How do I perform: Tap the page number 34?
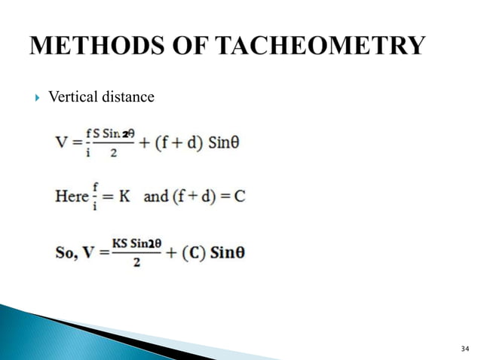click(464, 347)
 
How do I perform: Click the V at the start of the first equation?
click(63, 142)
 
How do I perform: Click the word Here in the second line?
click(72, 196)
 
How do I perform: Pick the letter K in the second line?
click(125, 197)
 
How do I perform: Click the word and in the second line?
click(155, 196)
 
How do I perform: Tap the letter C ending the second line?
click(240, 197)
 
